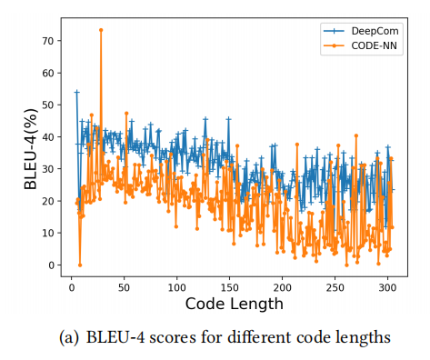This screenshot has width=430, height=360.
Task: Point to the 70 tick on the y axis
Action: tap(52, 41)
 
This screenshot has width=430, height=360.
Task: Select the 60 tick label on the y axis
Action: tap(52, 73)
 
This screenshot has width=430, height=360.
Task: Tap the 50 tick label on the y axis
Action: tap(52, 105)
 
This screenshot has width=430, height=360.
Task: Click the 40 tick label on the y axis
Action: tap(52, 137)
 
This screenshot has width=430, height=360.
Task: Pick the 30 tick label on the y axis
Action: tap(52, 169)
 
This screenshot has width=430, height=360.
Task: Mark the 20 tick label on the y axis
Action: tap(52, 201)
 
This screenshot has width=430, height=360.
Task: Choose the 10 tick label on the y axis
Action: tap(52, 233)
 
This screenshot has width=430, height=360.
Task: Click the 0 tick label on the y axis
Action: tap(55, 265)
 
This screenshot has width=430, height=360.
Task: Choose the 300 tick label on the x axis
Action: tap(387, 286)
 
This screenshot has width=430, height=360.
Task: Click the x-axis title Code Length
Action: tap(234, 304)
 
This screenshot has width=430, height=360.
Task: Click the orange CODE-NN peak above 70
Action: tap(101, 30)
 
